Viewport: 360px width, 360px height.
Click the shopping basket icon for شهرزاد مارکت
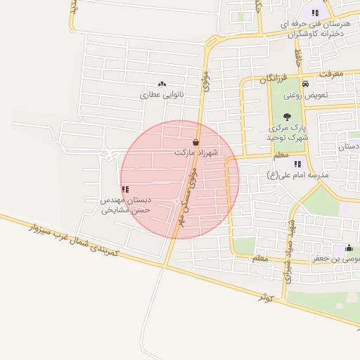195,142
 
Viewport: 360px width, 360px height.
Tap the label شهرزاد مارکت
196,152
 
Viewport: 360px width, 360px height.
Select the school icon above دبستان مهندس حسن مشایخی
125,189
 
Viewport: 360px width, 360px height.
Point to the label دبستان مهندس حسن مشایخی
124,205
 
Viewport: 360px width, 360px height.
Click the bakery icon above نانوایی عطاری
162,84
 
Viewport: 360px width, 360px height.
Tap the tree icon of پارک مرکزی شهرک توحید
285,117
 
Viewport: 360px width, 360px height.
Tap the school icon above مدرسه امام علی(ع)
298,164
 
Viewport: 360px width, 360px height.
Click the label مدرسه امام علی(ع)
298,174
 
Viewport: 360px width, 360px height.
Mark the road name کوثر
264,297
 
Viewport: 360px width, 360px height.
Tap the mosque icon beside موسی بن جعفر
349,248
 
